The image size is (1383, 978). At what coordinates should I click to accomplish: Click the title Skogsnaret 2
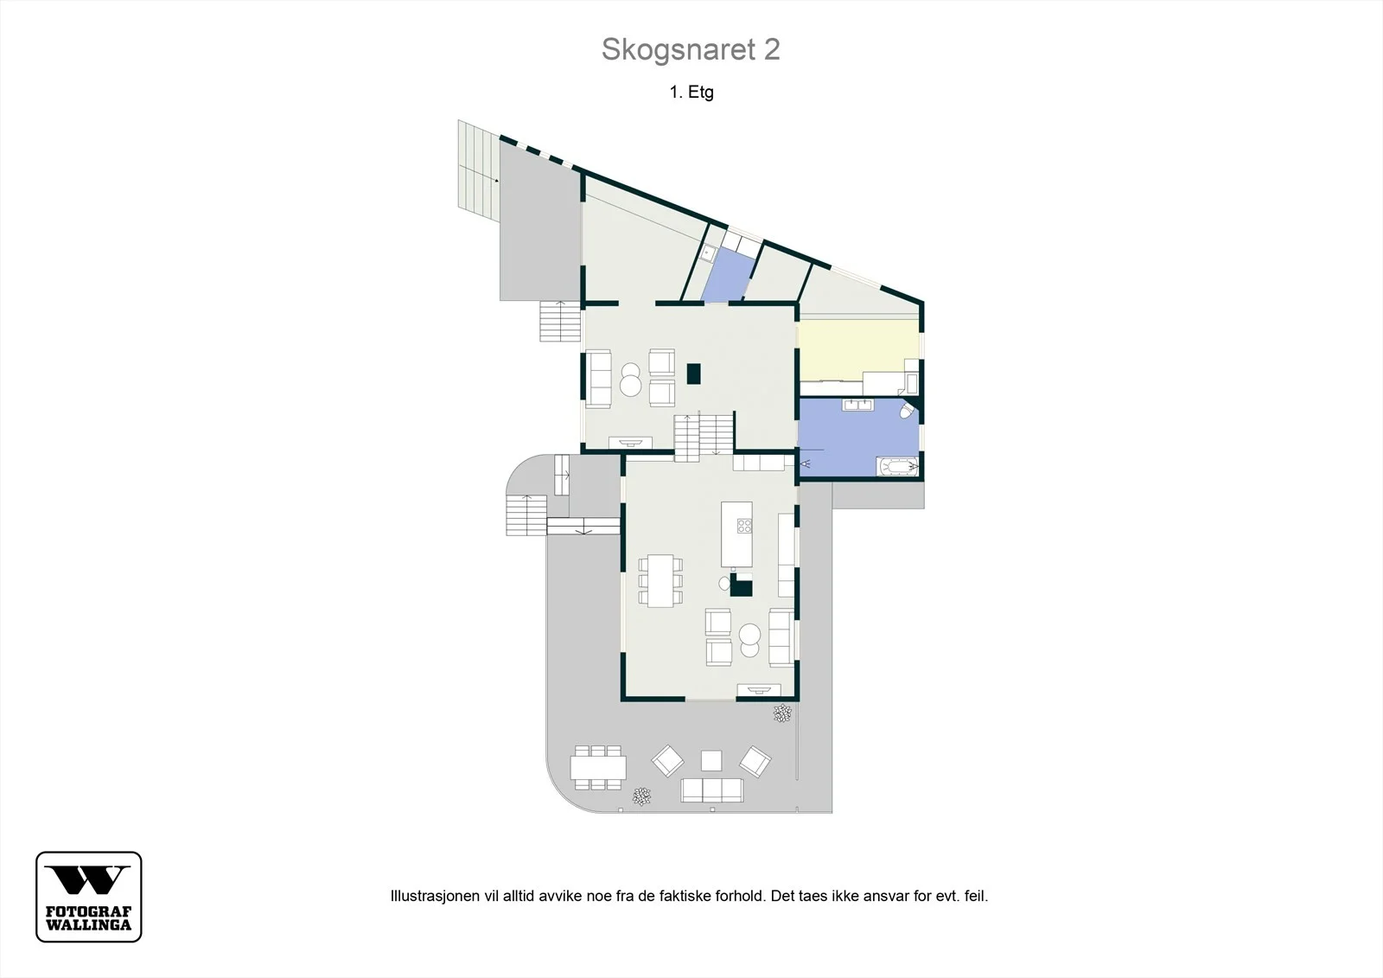click(x=691, y=49)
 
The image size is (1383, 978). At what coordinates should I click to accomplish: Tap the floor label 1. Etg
click(x=691, y=92)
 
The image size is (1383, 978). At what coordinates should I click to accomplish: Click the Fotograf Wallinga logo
click(x=89, y=897)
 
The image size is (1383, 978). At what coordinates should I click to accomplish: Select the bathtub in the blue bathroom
click(x=897, y=466)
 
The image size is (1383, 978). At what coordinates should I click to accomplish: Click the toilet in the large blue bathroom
click(x=908, y=410)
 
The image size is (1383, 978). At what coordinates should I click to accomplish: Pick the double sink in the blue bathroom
click(x=858, y=406)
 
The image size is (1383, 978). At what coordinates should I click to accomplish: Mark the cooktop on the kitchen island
click(x=744, y=526)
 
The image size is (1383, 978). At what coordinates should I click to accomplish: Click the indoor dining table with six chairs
click(x=660, y=581)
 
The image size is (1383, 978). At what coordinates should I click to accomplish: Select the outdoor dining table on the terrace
click(x=597, y=768)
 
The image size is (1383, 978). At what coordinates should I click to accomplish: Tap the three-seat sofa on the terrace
click(x=712, y=789)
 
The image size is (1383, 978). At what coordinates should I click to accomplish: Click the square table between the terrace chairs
click(x=711, y=761)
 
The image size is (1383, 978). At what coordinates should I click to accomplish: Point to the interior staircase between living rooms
click(x=704, y=438)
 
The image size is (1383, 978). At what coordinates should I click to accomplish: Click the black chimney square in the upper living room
click(x=694, y=374)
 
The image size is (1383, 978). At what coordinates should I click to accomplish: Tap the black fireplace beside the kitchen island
click(x=741, y=585)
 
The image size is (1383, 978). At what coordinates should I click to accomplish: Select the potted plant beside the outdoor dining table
click(x=642, y=796)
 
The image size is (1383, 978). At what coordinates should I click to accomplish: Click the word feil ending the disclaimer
click(x=976, y=896)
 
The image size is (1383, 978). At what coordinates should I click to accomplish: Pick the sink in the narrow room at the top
click(x=708, y=252)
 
